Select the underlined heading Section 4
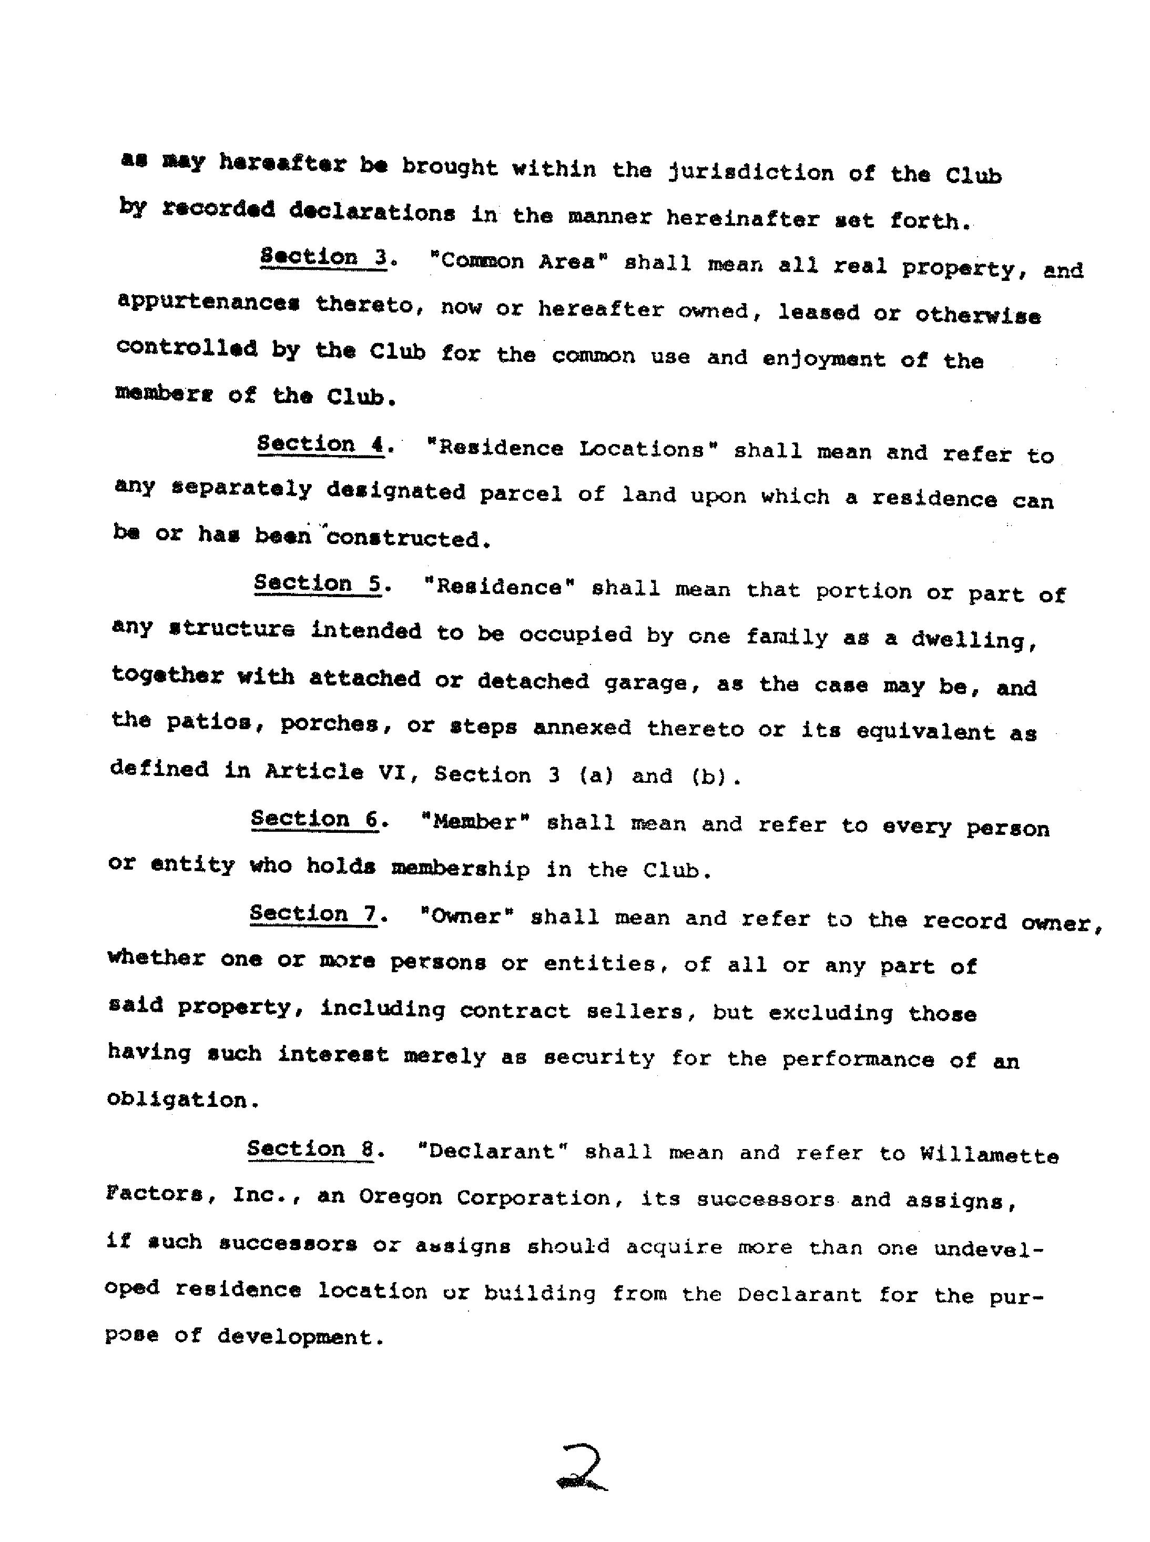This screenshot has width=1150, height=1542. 321,445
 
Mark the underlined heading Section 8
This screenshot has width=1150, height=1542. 311,1148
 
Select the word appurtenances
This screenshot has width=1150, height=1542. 208,303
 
